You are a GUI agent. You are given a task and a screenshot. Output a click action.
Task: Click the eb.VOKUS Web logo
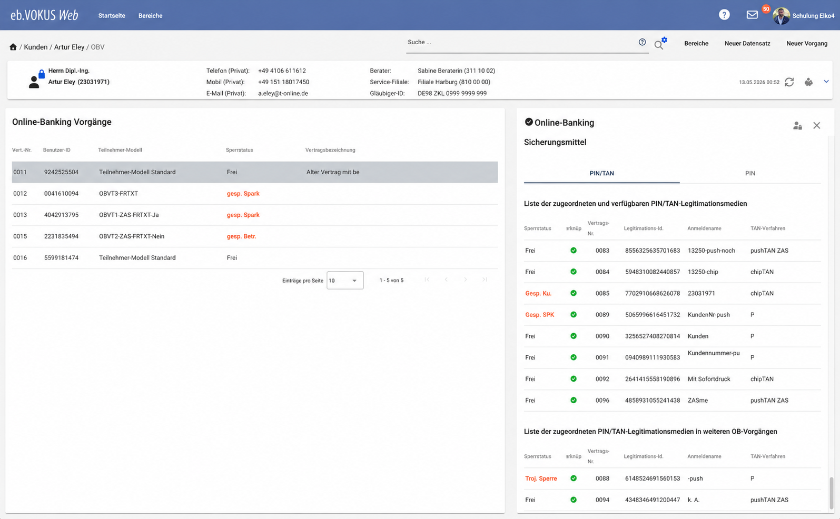coord(44,15)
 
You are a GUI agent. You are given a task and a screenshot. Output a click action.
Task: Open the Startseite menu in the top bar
coord(112,16)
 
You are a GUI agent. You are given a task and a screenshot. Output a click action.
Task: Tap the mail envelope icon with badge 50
coord(752,15)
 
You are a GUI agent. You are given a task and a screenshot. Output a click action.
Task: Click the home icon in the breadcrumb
coord(13,47)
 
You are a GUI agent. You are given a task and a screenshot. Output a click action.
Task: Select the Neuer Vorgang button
coord(807,44)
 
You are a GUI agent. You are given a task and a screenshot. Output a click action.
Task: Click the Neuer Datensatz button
coord(747,44)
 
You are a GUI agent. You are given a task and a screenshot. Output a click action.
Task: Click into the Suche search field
coord(521,42)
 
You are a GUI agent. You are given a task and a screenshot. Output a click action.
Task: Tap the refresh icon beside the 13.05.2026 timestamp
coord(789,82)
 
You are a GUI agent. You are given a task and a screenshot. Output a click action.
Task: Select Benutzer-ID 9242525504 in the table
coord(61,172)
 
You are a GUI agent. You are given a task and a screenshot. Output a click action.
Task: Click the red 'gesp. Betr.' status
coord(242,236)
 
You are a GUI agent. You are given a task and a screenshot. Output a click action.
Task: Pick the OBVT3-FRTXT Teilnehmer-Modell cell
coord(118,193)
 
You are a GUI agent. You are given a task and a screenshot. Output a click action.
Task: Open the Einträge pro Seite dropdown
coord(344,281)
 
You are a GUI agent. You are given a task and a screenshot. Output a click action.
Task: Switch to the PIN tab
coord(750,173)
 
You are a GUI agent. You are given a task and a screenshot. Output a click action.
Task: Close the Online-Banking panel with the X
coord(816,125)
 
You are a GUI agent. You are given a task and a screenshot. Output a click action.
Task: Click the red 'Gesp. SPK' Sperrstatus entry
coord(539,314)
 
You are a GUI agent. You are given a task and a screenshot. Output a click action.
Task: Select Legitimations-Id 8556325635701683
coord(652,251)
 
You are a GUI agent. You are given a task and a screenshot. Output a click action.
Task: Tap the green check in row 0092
coord(574,378)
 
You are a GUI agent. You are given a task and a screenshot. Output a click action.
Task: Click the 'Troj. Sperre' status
coord(541,478)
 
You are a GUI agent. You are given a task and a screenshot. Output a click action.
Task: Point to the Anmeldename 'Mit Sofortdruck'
coord(709,379)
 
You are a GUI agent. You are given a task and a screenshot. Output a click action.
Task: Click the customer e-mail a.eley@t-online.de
coord(283,93)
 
